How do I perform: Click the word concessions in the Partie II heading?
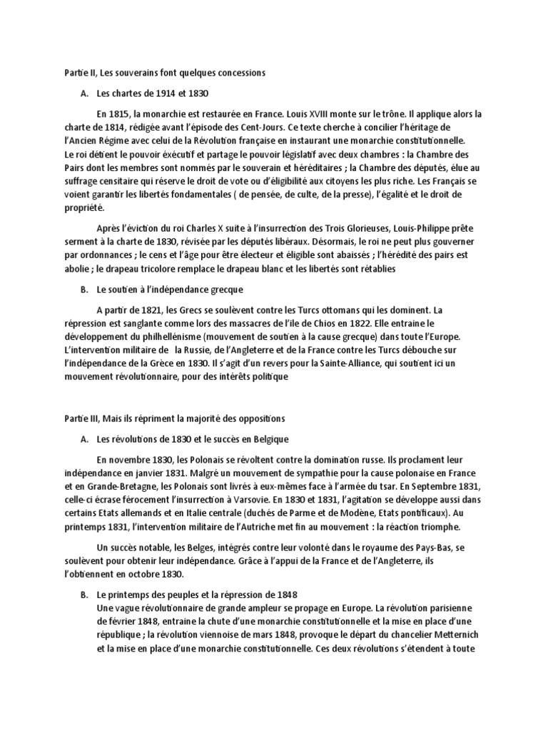pyautogui.click(x=240, y=72)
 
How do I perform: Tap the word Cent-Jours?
pyautogui.click(x=269, y=126)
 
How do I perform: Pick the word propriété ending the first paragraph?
pyautogui.click(x=83, y=207)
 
